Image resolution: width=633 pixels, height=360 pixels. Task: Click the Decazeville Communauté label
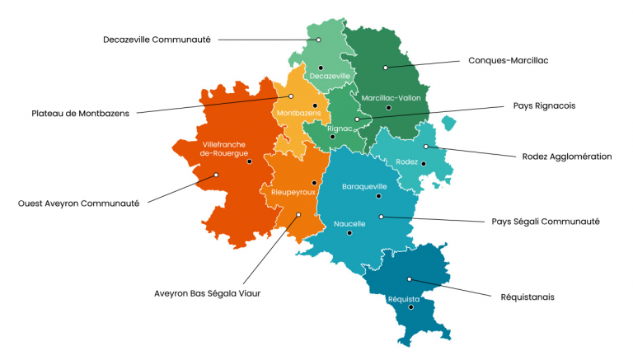pos(157,39)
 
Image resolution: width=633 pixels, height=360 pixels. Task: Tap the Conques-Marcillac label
pos(508,60)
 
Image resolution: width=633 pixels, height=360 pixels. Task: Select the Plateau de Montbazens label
pos(80,113)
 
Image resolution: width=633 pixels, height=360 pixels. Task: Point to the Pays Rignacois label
pos(543,105)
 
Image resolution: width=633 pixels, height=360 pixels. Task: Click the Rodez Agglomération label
pos(567,157)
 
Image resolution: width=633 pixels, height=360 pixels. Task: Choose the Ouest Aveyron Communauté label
pos(78,203)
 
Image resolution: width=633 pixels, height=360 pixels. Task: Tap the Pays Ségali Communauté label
pos(545,221)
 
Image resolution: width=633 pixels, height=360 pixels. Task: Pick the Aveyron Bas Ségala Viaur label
pos(207,292)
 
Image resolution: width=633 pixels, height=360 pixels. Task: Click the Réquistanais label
pos(527,297)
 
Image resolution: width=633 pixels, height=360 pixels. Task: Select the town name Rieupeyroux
pos(293,192)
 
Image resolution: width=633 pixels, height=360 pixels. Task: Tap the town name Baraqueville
pos(364,186)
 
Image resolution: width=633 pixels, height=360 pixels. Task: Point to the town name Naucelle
pos(349,223)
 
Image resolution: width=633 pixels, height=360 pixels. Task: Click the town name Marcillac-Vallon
pos(391,97)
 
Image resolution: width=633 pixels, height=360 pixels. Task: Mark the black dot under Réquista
pos(410,307)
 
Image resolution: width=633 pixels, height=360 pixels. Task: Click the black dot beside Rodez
pos(424,163)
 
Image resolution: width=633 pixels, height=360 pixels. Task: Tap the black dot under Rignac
pos(332,138)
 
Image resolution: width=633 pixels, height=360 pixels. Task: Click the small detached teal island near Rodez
pos(448,124)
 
